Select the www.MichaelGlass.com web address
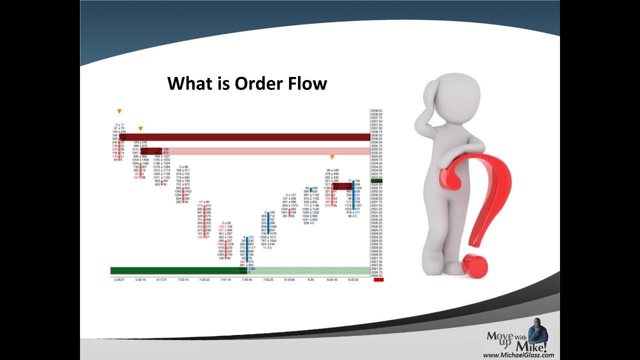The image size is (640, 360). [x=518, y=355]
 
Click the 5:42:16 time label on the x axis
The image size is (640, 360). [x=140, y=280]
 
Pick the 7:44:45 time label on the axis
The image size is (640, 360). [x=247, y=280]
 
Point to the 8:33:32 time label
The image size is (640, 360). [x=353, y=280]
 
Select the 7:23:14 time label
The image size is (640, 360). [x=183, y=280]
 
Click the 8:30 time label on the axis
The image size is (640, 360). [x=311, y=280]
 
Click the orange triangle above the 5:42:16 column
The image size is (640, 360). [x=140, y=129]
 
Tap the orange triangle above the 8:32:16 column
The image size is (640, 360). [x=332, y=157]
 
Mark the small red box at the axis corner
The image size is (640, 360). [x=378, y=280]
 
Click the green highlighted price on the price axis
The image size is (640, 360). [x=376, y=181]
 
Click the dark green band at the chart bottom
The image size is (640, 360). [x=175, y=270]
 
